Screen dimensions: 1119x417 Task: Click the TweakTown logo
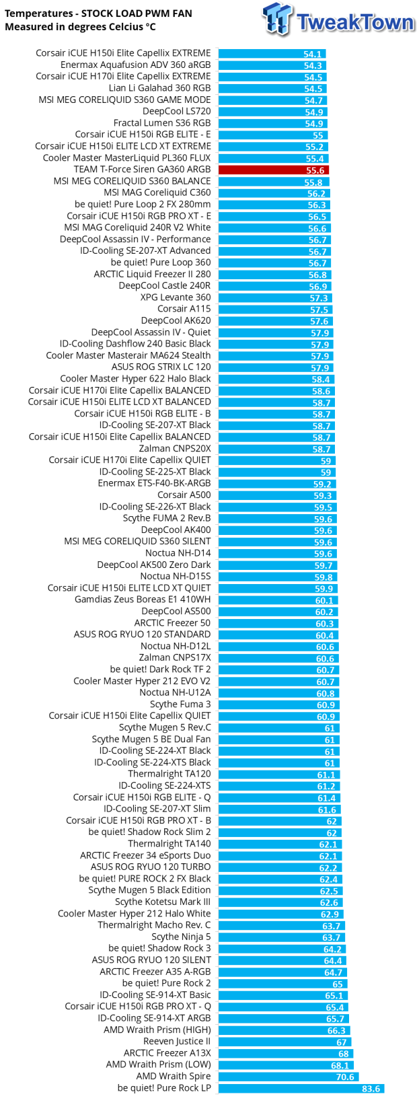(x=338, y=20)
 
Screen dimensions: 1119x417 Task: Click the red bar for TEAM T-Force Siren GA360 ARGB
(x=273, y=170)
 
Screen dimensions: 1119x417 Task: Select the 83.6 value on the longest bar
(x=371, y=1088)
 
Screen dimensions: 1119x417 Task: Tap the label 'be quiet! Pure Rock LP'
(x=164, y=1087)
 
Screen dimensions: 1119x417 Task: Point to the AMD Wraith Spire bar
(x=289, y=1077)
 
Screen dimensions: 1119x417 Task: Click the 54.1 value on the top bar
(x=312, y=54)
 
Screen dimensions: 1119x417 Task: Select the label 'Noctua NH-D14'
(x=178, y=553)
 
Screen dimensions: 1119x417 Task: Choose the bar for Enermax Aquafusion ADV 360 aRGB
(x=272, y=65)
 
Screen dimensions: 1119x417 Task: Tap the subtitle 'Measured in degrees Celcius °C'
(x=80, y=27)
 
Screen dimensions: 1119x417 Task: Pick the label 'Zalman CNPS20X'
(x=175, y=449)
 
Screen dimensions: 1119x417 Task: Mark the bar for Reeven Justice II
(x=283, y=1042)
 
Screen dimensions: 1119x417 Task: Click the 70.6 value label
(x=345, y=1077)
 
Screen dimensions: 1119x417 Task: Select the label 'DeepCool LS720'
(x=176, y=112)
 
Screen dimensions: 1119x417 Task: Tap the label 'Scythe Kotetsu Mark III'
(x=163, y=902)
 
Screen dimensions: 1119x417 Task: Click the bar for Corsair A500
(x=276, y=495)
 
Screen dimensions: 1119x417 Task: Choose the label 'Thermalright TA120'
(x=169, y=774)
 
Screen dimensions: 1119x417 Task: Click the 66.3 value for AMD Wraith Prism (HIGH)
(x=336, y=1030)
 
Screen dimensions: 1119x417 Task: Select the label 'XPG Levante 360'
(x=176, y=297)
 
